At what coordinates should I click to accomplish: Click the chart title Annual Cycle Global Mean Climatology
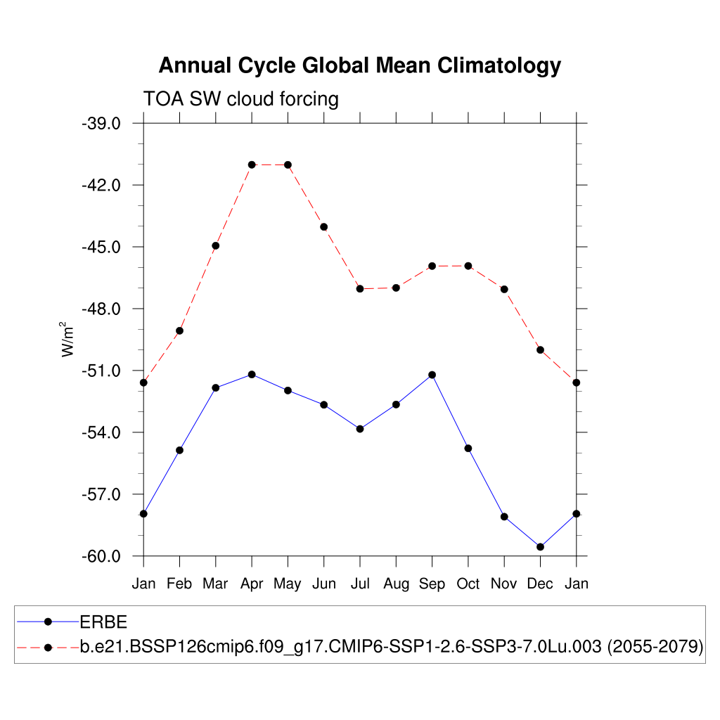[359, 65]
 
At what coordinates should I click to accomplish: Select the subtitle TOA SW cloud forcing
[240, 99]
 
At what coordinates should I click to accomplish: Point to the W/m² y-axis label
[68, 340]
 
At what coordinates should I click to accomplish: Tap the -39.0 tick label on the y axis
[103, 124]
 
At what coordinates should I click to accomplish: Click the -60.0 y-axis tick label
[103, 557]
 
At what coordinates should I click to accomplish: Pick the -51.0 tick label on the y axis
[103, 371]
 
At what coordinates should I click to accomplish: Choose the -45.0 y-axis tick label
[103, 247]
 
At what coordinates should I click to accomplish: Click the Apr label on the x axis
[252, 584]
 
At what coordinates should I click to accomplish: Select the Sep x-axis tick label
[432, 584]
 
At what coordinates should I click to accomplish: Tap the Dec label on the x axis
[540, 584]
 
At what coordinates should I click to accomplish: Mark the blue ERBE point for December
[540, 547]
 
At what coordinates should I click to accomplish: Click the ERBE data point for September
[432, 375]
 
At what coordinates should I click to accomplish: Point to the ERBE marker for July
[360, 429]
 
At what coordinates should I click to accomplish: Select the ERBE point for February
[179, 450]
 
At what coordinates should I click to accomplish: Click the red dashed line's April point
[252, 165]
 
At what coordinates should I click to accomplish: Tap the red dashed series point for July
[360, 289]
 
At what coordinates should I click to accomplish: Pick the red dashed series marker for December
[540, 349]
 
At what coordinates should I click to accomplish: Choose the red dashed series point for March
[216, 245]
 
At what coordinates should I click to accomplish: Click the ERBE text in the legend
[103, 622]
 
